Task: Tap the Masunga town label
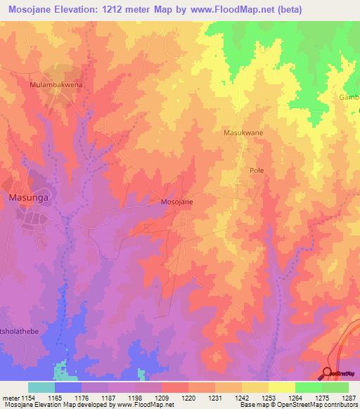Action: pyautogui.click(x=27, y=197)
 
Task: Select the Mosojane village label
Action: pyautogui.click(x=177, y=202)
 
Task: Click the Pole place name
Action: pyautogui.click(x=257, y=171)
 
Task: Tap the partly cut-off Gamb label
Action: pyautogui.click(x=349, y=97)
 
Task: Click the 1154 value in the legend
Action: pyautogui.click(x=27, y=397)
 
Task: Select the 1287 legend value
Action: pyautogui.click(x=348, y=397)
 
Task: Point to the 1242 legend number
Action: pyautogui.click(x=241, y=397)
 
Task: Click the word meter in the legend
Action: pyautogui.click(x=9, y=397)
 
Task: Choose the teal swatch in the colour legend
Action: pyautogui.click(x=41, y=387)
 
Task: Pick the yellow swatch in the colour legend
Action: pyautogui.click(x=281, y=387)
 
